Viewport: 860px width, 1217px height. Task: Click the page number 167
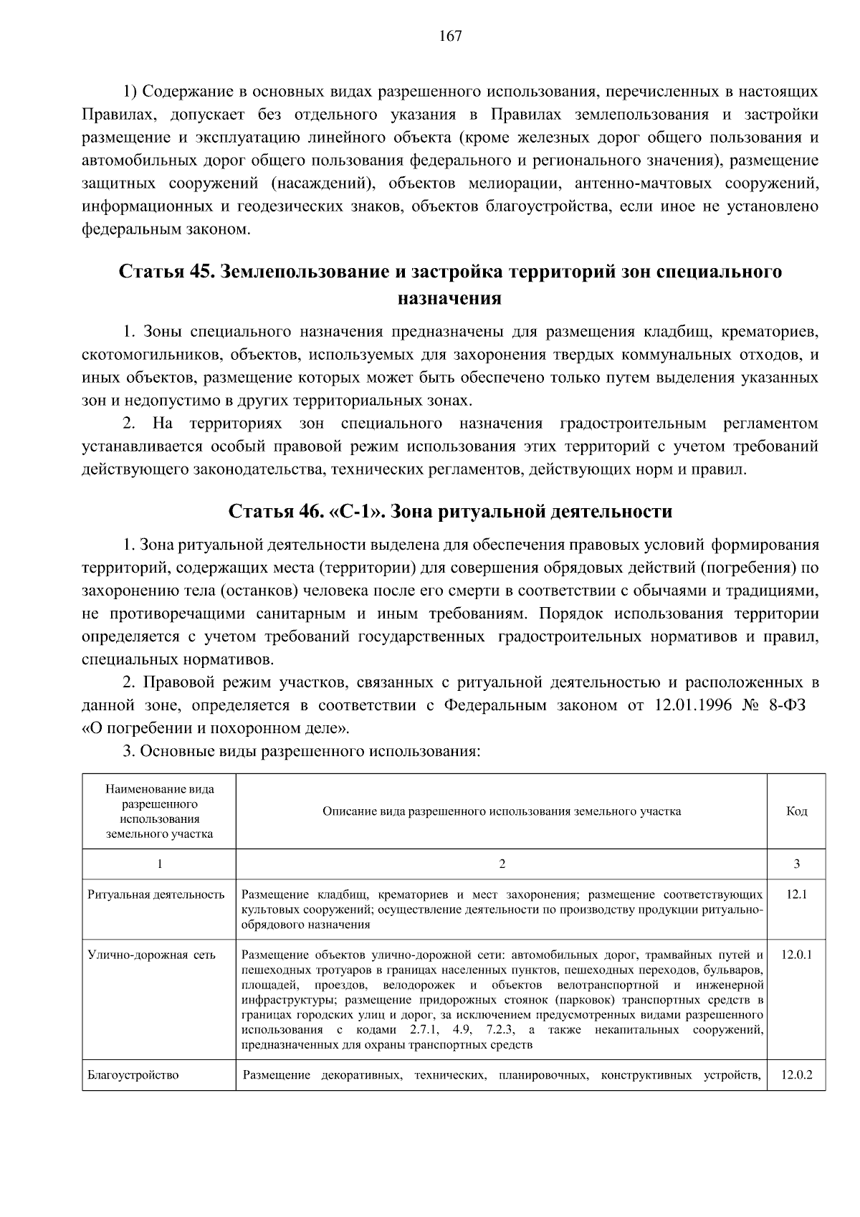[450, 37]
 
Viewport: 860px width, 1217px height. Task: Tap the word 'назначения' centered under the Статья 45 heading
[449, 298]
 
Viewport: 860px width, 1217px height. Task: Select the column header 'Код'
[796, 811]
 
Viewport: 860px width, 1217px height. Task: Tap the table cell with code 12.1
[796, 894]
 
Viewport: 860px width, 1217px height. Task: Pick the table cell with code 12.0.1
[796, 955]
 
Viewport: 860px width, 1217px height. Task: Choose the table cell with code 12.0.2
[796, 1075]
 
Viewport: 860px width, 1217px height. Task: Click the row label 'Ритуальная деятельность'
[156, 894]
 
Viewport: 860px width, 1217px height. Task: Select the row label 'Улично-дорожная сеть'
[151, 955]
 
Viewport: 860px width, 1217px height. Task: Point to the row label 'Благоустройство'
[133, 1075]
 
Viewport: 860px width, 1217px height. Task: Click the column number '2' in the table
[502, 864]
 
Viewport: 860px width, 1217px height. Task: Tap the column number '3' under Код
[796, 864]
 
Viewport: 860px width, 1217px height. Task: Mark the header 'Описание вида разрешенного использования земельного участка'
[502, 811]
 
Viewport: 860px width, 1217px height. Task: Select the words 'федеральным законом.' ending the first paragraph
[167, 230]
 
